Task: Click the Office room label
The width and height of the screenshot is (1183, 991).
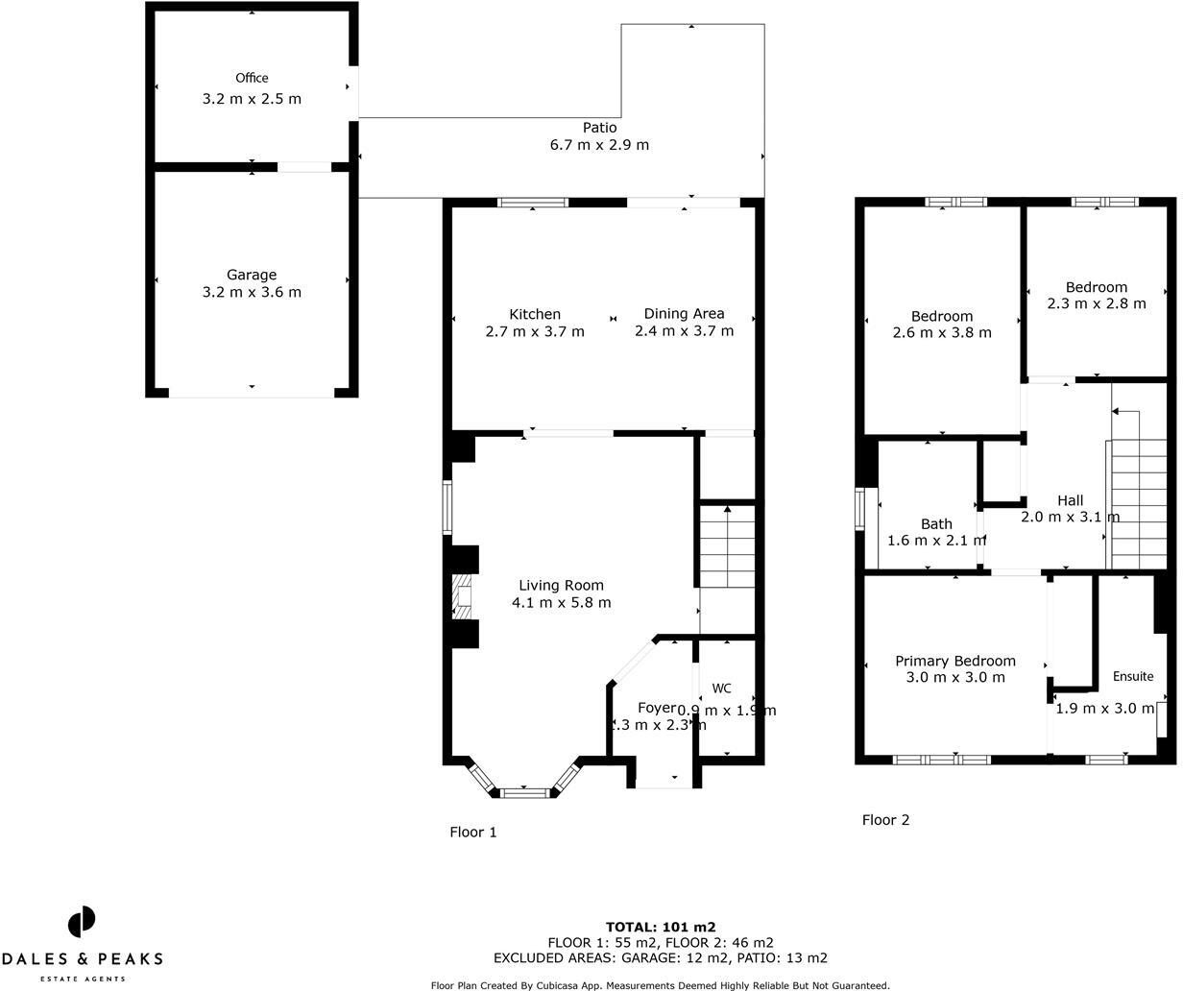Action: tap(252, 78)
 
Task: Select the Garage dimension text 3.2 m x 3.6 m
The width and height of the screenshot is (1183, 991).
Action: tap(252, 292)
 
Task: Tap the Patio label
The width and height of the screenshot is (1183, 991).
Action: tap(599, 128)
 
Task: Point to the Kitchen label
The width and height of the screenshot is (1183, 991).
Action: tap(535, 314)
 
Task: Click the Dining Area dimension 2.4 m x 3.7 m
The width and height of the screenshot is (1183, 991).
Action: tap(684, 331)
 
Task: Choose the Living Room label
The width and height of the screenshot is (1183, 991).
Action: tap(561, 585)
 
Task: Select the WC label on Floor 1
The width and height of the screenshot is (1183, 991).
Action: tap(721, 689)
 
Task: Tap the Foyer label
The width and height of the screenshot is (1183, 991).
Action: tap(657, 708)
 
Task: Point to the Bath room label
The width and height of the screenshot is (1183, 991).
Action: tap(936, 523)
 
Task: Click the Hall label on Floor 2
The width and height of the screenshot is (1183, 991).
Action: tap(1070, 500)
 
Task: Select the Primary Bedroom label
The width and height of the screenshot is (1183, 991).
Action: tap(954, 661)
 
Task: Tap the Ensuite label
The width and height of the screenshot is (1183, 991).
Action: tap(1133, 676)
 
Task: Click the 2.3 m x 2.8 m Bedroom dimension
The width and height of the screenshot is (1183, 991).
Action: tap(1096, 303)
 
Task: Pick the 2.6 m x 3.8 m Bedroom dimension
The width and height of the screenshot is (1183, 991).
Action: tap(941, 332)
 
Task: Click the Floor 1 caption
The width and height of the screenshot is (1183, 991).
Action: tap(473, 832)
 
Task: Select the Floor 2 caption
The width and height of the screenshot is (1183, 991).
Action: tap(885, 819)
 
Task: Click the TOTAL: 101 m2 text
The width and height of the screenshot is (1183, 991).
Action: tap(661, 927)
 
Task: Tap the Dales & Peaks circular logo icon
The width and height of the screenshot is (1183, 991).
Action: tap(82, 922)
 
